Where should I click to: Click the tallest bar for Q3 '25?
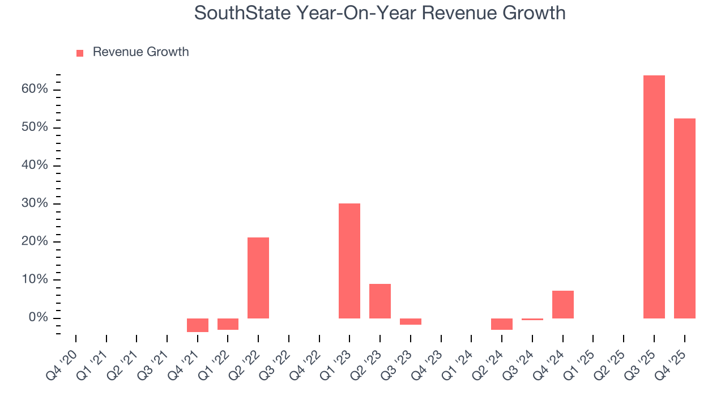tap(654, 197)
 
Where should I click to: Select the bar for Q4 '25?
tap(684, 218)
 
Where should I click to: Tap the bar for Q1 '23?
tap(349, 261)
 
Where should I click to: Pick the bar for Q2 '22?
tap(258, 278)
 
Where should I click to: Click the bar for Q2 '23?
tap(380, 301)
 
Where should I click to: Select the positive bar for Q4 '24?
tap(562, 304)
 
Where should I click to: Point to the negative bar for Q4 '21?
tap(198, 325)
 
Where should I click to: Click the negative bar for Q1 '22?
tap(228, 324)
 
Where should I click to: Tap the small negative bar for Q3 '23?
tap(411, 321)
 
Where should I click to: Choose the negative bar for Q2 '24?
tap(502, 324)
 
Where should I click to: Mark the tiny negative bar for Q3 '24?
tap(532, 319)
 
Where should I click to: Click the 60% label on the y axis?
tap(35, 90)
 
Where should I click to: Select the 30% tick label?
tap(35, 203)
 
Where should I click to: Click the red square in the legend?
tap(80, 53)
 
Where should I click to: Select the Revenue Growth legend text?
tap(140, 52)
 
